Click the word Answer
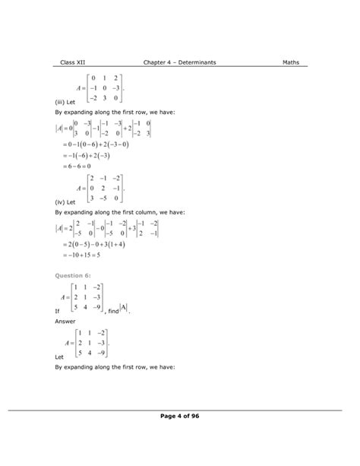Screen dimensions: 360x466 pyautogui.click(x=66, y=321)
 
